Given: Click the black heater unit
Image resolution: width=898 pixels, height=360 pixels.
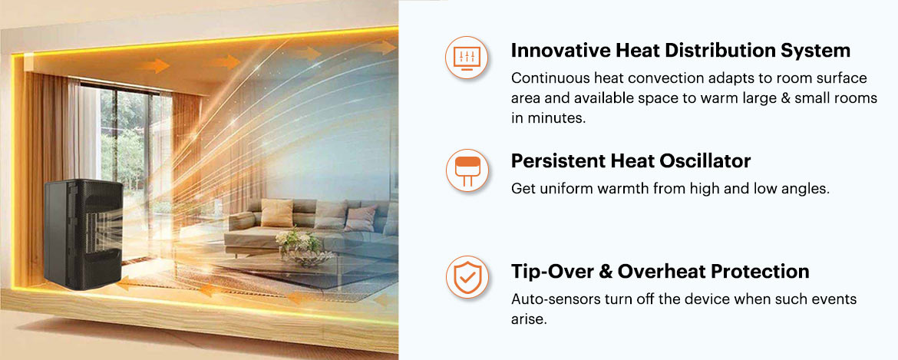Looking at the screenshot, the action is click(84, 233).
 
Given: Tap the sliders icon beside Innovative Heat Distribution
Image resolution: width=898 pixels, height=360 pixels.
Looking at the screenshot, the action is click(466, 57).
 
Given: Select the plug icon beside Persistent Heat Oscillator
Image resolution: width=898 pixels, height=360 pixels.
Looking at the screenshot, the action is click(466, 170).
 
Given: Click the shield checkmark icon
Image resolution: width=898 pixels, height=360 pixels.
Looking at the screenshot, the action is click(466, 277).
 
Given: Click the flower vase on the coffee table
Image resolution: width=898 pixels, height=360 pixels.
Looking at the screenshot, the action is click(297, 246).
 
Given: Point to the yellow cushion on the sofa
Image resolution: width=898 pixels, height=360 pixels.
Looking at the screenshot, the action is click(276, 213).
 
